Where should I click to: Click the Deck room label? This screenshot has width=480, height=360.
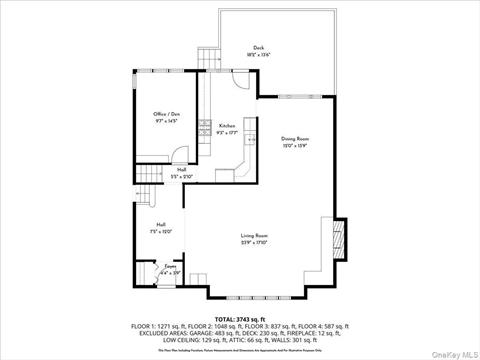coord(258,47)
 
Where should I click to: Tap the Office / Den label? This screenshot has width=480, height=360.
coord(166,115)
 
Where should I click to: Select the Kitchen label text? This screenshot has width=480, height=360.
coord(228,126)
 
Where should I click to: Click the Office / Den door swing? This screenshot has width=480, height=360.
coord(180,155)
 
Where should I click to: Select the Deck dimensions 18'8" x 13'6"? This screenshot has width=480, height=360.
coord(258,54)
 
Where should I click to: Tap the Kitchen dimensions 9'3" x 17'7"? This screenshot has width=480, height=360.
coord(228,133)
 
